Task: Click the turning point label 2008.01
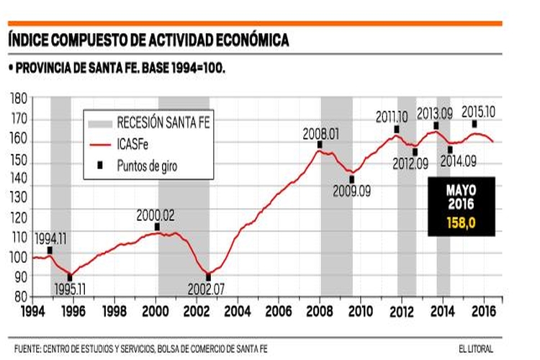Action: [320, 133]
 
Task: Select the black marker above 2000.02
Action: [157, 228]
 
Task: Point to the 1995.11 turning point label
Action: [71, 290]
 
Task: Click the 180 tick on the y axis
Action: [19, 98]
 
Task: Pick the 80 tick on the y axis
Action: [22, 297]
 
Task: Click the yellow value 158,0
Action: [461, 223]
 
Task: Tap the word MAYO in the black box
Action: [461, 190]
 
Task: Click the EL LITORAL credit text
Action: [476, 349]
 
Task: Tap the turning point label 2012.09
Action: [410, 164]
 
